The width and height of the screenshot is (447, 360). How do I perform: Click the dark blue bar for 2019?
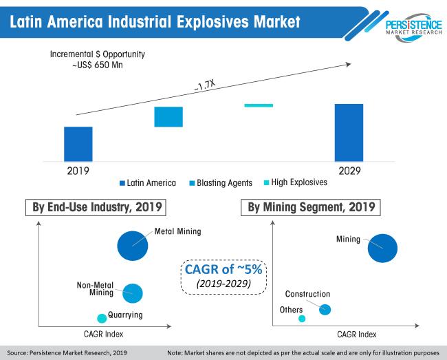78,143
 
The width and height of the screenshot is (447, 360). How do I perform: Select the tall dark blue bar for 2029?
349,132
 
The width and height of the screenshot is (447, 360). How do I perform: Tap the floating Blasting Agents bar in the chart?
168,117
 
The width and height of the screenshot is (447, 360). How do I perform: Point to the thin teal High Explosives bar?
259,105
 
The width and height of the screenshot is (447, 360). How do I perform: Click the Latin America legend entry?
149,183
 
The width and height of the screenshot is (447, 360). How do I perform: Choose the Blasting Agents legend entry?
221,183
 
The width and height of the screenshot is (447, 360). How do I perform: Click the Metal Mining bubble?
133,244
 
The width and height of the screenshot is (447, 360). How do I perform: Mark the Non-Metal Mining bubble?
132,293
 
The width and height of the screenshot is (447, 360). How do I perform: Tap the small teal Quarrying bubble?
102,318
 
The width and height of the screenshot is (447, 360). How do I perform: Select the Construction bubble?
325,310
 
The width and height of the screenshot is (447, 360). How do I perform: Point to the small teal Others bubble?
301,319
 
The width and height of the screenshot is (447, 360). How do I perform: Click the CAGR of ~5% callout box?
223,273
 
